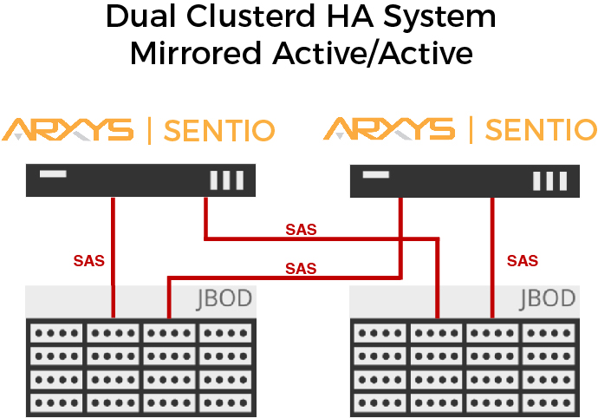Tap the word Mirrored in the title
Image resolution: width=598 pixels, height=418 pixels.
coord(190,53)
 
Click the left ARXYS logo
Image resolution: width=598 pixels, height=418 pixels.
coord(68,130)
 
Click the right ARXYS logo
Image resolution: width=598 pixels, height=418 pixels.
coord(389,130)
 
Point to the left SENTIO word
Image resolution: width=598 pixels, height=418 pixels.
coord(219,131)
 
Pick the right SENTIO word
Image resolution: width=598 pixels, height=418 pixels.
coord(541,131)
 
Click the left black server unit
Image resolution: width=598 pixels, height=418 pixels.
coord(140,180)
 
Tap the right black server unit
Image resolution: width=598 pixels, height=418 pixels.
coord(464,180)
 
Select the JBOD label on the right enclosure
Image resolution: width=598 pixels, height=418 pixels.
coord(548,300)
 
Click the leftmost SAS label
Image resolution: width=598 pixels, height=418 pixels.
coord(88,260)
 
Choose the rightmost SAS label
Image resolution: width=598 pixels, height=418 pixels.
coord(523,260)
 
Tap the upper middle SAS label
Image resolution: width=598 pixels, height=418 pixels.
coord(301,230)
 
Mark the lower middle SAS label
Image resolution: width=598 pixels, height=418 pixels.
coord(301,269)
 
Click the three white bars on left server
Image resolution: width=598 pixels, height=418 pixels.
coord(225,180)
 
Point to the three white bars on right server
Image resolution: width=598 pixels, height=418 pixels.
coord(549,180)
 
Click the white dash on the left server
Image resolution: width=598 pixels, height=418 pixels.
coord(53,174)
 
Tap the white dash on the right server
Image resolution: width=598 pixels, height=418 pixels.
coord(376,174)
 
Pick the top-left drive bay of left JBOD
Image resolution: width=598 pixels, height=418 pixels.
coord(55,333)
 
